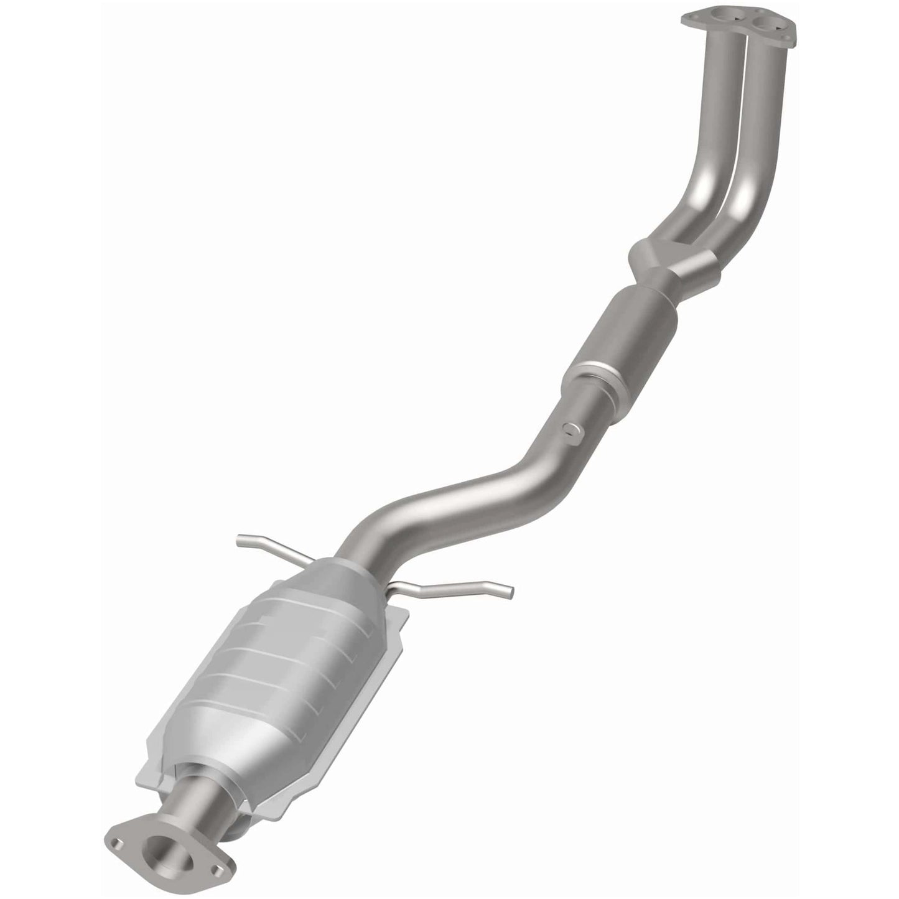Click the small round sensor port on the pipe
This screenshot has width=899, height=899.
pos(569,429)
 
